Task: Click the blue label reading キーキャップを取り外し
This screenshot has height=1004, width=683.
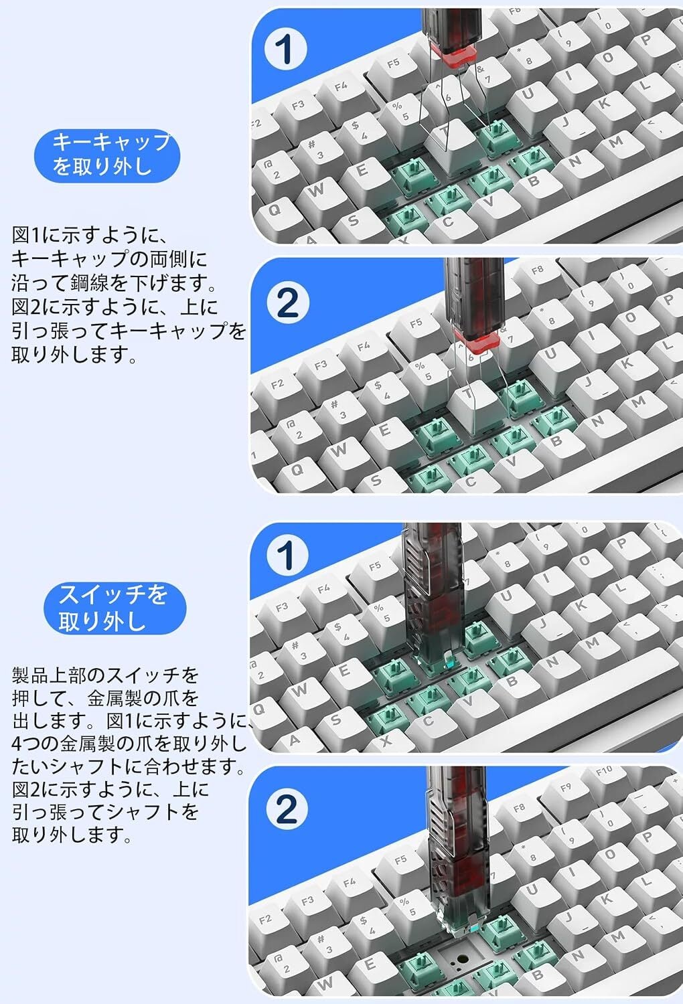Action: [x=107, y=155]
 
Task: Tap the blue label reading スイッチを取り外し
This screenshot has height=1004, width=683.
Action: [x=115, y=608]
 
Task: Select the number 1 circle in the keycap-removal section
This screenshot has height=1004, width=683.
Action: [x=286, y=48]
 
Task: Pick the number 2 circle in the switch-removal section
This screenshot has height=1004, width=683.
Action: [x=287, y=809]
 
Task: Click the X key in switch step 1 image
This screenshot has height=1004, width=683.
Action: [x=386, y=741]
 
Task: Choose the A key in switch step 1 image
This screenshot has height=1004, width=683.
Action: [x=294, y=740]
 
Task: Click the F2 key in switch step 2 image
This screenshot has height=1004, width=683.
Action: [x=265, y=919]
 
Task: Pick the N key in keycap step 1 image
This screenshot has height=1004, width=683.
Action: [x=575, y=162]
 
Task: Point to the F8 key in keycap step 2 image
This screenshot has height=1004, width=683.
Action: [x=537, y=271]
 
